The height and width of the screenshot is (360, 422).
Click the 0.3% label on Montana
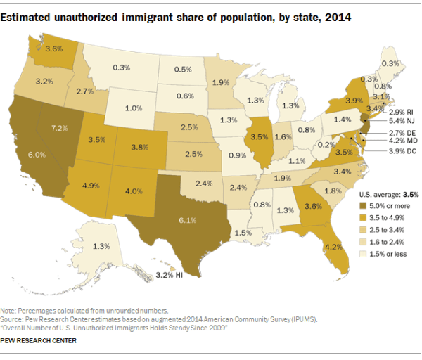pyautogui.click(x=121, y=67)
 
